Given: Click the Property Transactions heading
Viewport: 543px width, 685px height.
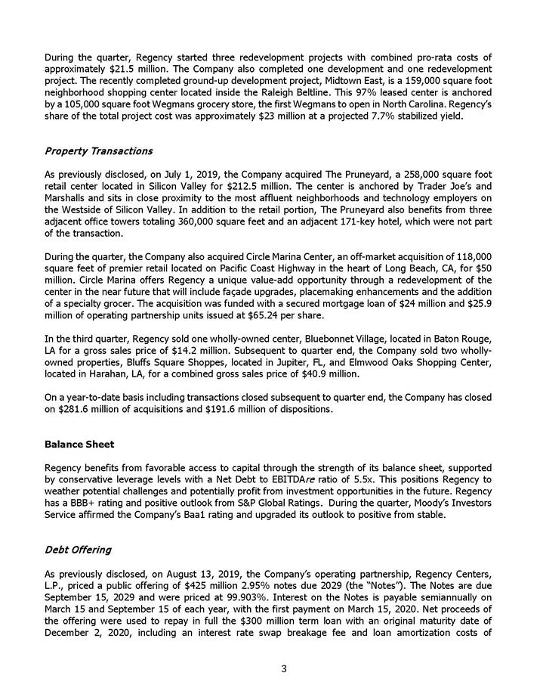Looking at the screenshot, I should tap(99, 151).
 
